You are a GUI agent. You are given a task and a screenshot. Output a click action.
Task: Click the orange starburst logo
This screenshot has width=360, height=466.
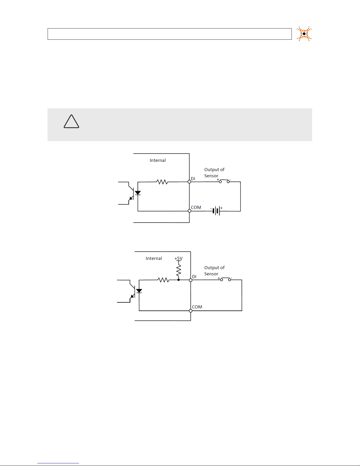[304, 34]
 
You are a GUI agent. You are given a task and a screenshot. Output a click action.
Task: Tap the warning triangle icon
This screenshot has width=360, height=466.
[71, 122]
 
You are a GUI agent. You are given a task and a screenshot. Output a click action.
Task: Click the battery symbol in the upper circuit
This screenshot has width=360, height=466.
[216, 211]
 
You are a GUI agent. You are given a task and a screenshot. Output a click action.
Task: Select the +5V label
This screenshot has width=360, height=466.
[179, 258]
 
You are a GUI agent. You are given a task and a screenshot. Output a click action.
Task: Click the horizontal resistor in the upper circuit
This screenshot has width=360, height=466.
[162, 182]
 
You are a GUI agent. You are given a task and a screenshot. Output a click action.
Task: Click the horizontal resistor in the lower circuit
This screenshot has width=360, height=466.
[164, 280]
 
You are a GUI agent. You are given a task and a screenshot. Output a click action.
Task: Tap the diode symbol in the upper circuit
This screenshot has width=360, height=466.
[138, 193]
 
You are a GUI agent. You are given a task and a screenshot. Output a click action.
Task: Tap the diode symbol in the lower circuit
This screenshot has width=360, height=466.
[139, 291]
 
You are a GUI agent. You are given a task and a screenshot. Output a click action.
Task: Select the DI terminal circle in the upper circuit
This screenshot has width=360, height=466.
[189, 182]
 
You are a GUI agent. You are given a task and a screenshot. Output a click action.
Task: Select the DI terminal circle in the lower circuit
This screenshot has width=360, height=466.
[191, 280]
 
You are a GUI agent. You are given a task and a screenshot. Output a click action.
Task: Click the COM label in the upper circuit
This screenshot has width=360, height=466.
[196, 207]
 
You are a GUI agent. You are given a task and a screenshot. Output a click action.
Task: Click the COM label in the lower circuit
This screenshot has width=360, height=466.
[197, 307]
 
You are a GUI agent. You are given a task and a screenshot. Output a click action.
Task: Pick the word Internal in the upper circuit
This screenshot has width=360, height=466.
[158, 160]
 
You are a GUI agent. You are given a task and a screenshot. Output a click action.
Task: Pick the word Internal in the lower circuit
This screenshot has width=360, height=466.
[154, 258]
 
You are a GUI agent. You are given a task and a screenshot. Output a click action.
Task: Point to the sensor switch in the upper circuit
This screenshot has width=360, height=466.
[224, 181]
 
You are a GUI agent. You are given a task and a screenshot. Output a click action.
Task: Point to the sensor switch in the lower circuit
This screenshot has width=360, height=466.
[225, 279]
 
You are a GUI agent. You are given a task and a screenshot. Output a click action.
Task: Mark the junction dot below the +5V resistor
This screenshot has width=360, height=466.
[178, 280]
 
